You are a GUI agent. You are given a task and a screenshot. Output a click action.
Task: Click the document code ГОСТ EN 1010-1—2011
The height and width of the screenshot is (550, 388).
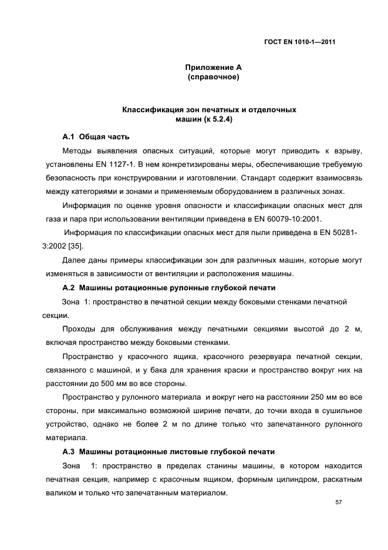tap(300, 41)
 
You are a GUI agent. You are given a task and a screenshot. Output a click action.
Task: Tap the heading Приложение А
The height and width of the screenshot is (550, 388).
tap(210, 68)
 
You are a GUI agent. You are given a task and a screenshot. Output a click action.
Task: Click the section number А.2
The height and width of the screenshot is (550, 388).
tap(69, 288)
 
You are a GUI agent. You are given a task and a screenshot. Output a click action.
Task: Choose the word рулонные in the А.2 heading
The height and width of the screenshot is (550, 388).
tap(176, 288)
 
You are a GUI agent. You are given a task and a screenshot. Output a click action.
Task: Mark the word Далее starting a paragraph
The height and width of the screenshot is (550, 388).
tap(74, 260)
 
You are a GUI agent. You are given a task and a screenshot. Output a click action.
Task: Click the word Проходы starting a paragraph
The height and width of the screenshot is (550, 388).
tap(80, 328)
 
